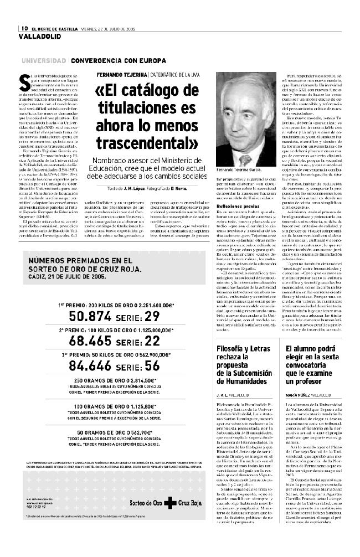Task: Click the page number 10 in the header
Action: coord(25,28)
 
